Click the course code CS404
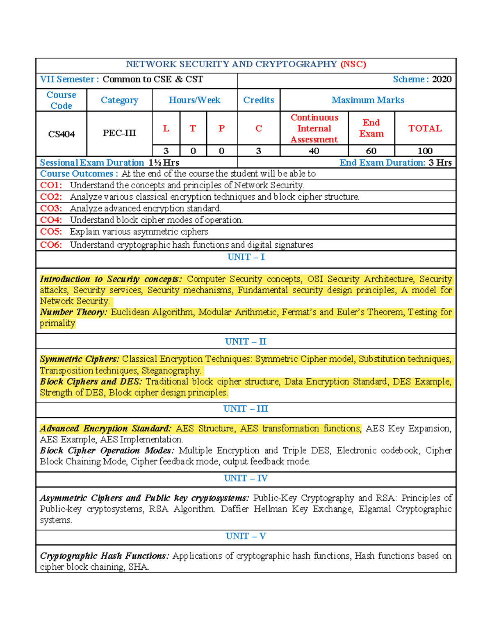coord(61,134)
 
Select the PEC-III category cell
coord(119,133)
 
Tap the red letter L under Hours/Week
coord(166,128)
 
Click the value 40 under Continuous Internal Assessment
coord(314,151)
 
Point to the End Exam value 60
coord(371,151)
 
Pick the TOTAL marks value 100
coord(425,151)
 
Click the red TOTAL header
coord(425,128)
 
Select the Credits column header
coord(258,100)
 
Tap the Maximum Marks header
coord(368,100)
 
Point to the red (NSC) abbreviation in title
coord(353,64)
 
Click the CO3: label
coord(51,208)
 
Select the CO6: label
coord(51,245)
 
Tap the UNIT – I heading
coord(246,257)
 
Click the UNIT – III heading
coord(246,409)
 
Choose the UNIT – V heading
coord(246,536)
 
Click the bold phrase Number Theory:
coord(73,312)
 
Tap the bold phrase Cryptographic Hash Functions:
coord(104,556)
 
